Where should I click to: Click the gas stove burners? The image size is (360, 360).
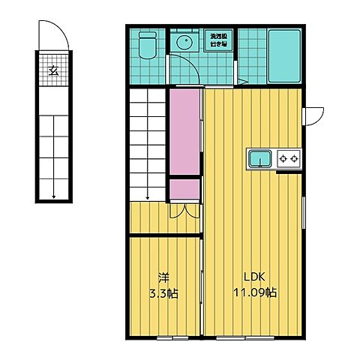289,158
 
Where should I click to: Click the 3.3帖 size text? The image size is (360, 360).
163,292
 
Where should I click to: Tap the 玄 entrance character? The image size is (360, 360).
53,71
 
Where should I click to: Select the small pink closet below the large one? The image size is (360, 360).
184,190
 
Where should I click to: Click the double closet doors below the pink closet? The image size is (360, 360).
184,211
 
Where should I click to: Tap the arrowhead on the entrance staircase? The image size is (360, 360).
53,196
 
